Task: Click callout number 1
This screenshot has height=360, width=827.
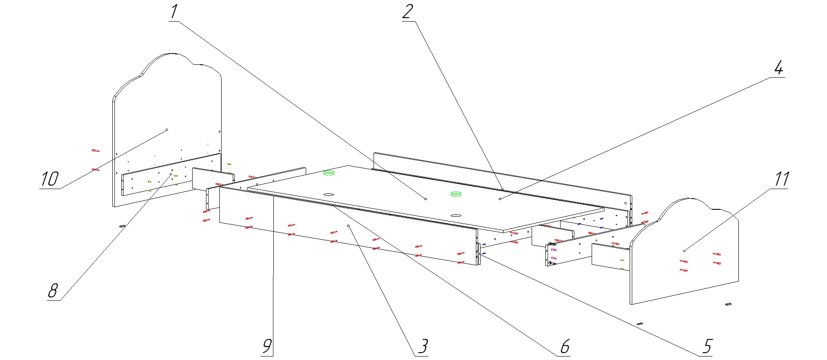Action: coord(174,12)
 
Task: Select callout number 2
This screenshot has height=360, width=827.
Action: coord(408,12)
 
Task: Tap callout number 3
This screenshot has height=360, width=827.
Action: coord(423,346)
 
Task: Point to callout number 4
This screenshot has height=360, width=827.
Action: coord(778,68)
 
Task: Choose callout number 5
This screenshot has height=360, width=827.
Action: coord(707,346)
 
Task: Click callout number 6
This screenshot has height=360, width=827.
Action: coord(565,346)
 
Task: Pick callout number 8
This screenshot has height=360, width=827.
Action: coord(53,291)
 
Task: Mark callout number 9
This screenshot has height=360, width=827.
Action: coord(267,346)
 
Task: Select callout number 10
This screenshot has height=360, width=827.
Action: coord(49,179)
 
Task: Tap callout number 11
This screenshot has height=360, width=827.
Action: coord(782,179)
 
